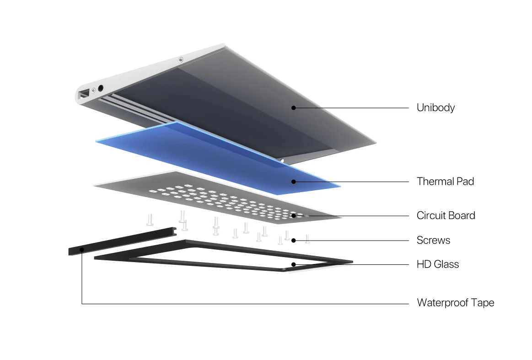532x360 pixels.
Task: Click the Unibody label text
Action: (x=435, y=108)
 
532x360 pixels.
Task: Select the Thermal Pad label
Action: (x=445, y=182)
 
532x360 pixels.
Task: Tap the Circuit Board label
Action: (x=446, y=215)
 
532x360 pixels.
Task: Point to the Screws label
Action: (x=433, y=240)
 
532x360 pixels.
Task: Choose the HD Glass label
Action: (x=437, y=264)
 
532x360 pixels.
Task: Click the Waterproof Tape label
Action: (x=455, y=303)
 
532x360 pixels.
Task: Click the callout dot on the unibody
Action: (x=293, y=108)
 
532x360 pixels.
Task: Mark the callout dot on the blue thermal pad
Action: (x=293, y=182)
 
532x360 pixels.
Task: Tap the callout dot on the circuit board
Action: (x=293, y=215)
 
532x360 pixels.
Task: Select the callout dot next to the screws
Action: (x=293, y=240)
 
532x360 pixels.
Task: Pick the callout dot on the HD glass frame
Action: (x=293, y=264)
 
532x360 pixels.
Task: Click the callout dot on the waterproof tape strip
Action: (x=82, y=249)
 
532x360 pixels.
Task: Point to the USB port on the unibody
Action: (x=84, y=95)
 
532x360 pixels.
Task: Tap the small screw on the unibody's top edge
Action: (x=181, y=59)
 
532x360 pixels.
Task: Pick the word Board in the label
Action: (x=462, y=215)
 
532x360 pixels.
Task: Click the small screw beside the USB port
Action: (x=93, y=90)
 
